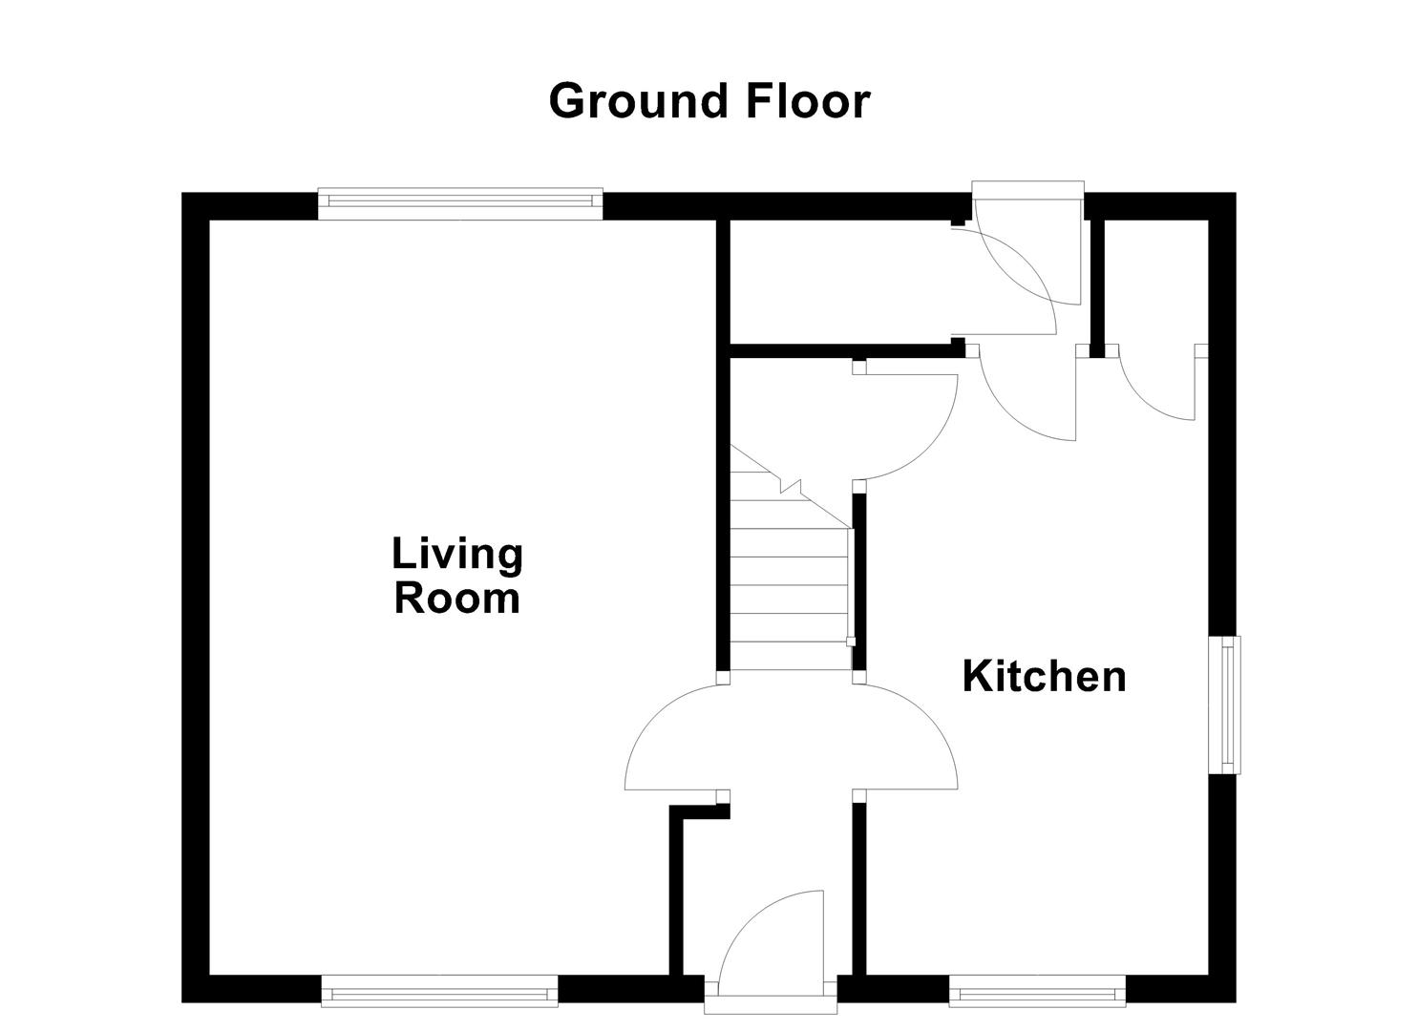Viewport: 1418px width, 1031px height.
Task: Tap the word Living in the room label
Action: pyautogui.click(x=457, y=555)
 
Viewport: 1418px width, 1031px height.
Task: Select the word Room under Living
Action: pyautogui.click(x=457, y=599)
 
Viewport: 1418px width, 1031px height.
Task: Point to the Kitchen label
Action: pyautogui.click(x=1044, y=676)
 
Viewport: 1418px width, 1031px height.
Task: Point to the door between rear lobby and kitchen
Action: pyautogui.click(x=1026, y=396)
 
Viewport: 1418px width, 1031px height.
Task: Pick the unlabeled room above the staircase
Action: pyautogui.click(x=840, y=282)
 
